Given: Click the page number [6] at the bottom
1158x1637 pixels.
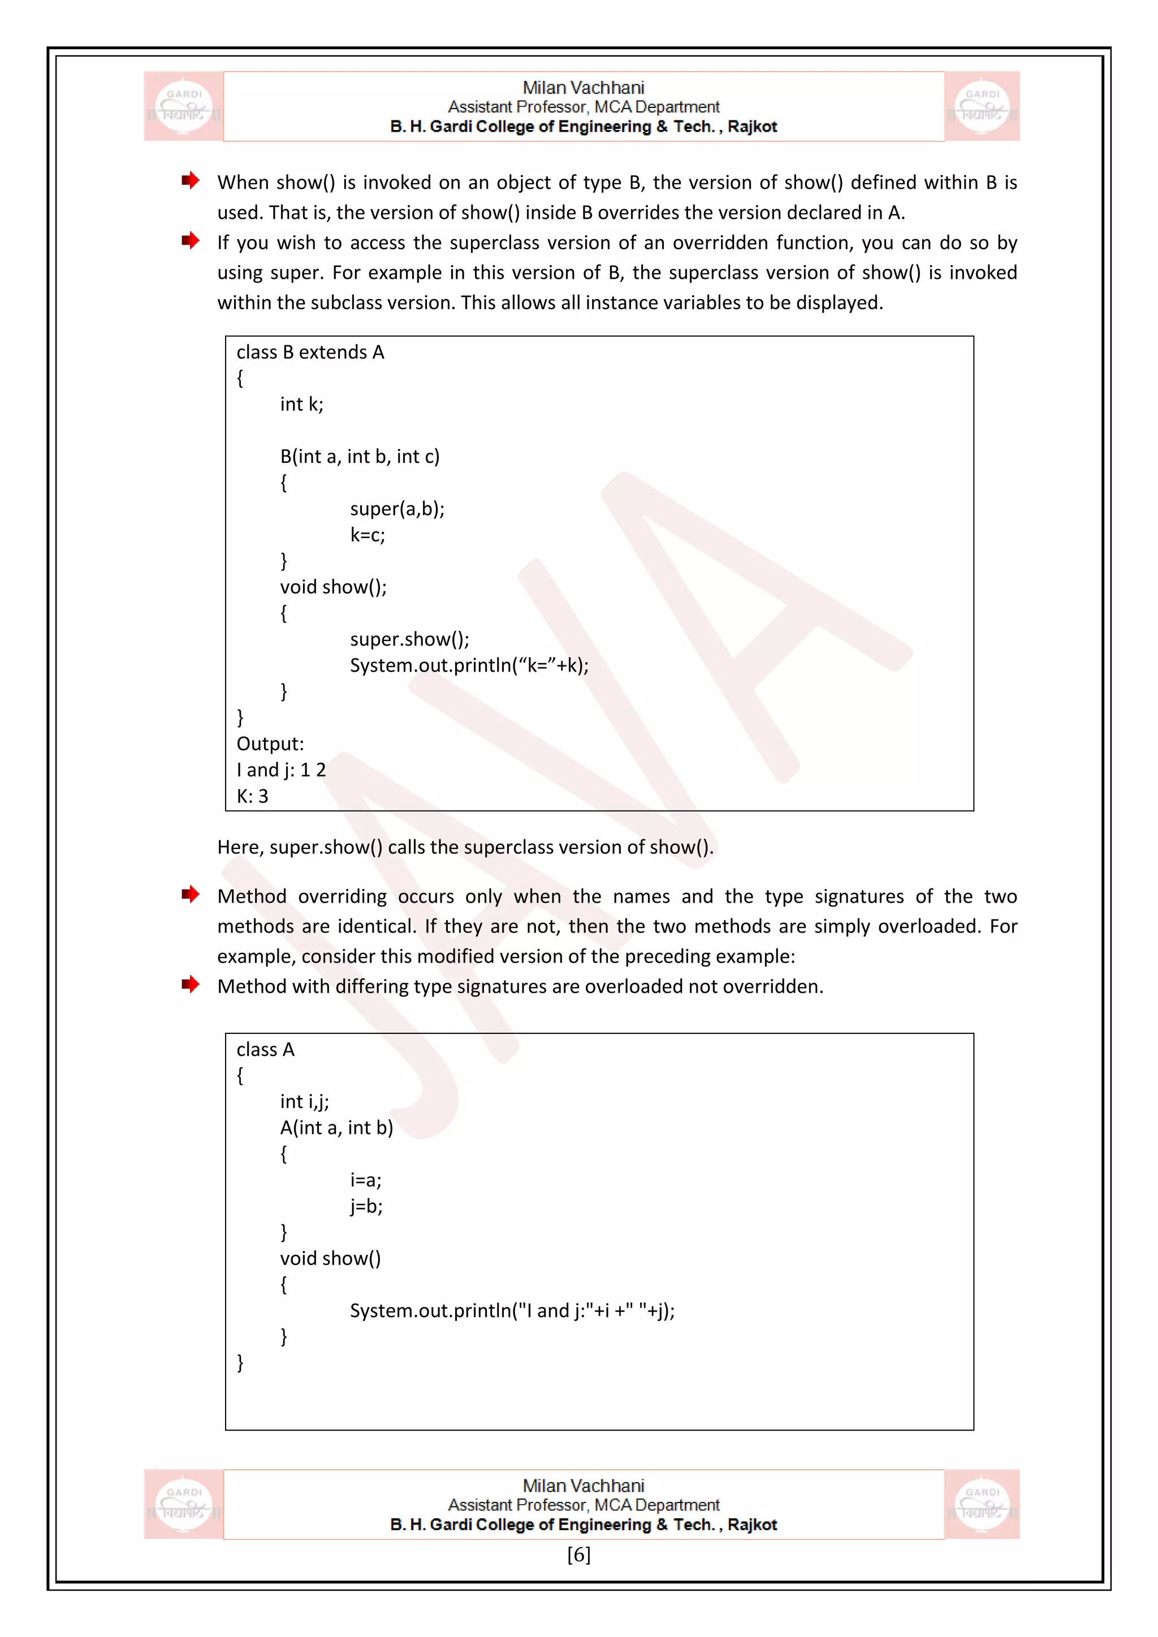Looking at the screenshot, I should pyautogui.click(x=578, y=1555).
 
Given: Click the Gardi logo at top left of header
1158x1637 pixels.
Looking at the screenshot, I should pyautogui.click(x=184, y=106).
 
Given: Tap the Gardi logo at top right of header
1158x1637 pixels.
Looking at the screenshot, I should pyautogui.click(x=982, y=106).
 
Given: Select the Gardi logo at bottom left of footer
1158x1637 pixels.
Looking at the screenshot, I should pyautogui.click(x=184, y=1504).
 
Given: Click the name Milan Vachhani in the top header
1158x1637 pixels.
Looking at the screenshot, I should pyautogui.click(x=584, y=88).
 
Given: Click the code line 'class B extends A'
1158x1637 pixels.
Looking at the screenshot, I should pyautogui.click(x=310, y=352).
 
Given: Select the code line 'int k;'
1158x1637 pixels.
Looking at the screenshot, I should pyautogui.click(x=301, y=404).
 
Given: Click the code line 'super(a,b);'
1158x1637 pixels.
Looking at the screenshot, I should pyautogui.click(x=397, y=508).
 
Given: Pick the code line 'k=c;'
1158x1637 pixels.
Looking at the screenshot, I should pyautogui.click(x=367, y=535).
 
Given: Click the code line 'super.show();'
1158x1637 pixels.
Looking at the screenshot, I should pyautogui.click(x=409, y=639).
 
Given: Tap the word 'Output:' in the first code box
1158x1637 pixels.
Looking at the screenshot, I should pyautogui.click(x=270, y=744).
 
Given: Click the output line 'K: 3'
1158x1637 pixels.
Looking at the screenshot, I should pyautogui.click(x=252, y=796).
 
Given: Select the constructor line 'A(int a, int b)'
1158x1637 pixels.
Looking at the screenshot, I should pyautogui.click(x=336, y=1127).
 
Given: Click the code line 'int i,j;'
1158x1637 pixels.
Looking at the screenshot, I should pyautogui.click(x=304, y=1102).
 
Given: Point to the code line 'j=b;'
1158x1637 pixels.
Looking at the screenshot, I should pyautogui.click(x=366, y=1206).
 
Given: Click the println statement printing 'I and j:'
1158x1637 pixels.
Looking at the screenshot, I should pyautogui.click(x=512, y=1310).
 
